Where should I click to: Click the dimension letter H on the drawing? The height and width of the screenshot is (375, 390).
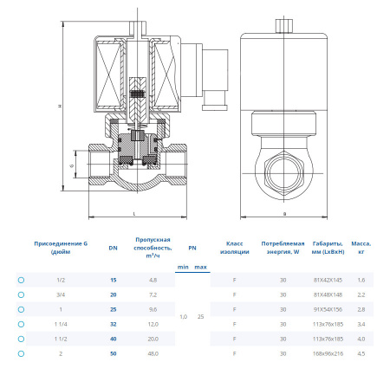pos(60,107)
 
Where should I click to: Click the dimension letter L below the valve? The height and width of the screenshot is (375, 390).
pos(134,212)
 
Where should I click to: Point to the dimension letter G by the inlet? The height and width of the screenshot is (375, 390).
pos(72,165)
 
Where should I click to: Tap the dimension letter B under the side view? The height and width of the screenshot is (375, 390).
pos(284,212)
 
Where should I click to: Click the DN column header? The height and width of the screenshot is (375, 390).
pos(113,249)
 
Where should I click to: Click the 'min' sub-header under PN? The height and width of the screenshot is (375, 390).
pos(182,267)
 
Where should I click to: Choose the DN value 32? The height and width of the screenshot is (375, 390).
pos(113,324)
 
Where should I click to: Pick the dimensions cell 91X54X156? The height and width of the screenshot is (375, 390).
pos(328,309)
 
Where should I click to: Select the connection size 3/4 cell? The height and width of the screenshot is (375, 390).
pos(60,294)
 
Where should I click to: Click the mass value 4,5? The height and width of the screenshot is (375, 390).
pos(361,353)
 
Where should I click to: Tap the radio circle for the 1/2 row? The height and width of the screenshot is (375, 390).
pos(21,280)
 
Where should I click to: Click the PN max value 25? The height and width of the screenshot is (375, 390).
pos(201,317)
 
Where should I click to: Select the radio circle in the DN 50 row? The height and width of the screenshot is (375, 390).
pos(21,353)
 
